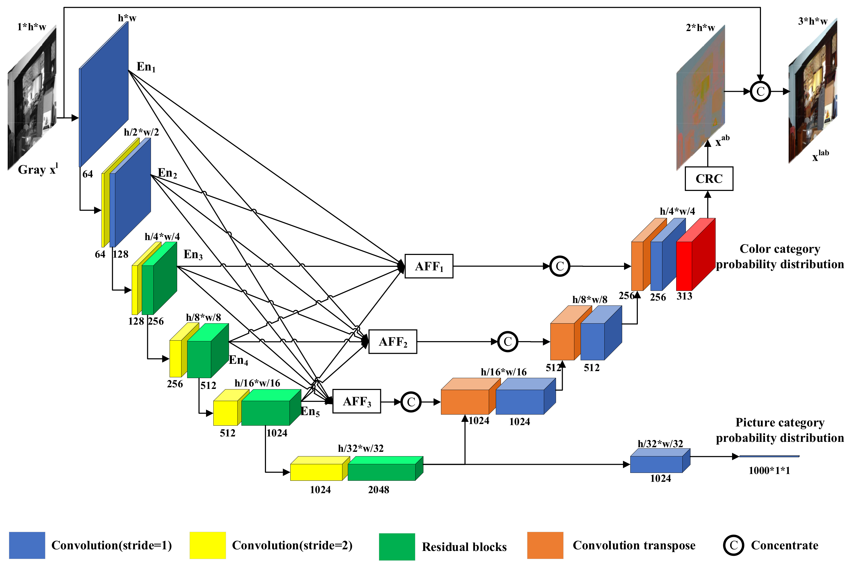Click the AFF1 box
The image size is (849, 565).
[x=428, y=266]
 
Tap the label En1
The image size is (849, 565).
[x=146, y=67]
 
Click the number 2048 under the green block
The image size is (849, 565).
[x=378, y=489]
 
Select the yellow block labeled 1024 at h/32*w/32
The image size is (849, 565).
[x=316, y=470]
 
